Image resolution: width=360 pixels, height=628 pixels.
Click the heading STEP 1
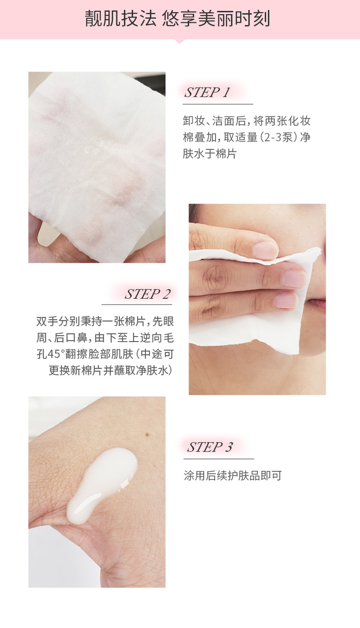point(207,92)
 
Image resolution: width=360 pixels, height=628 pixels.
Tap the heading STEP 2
point(147,294)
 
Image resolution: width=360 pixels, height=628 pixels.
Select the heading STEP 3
point(210,447)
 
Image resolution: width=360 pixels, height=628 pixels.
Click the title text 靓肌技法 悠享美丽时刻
point(178,19)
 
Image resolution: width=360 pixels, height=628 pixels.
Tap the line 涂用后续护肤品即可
point(233,476)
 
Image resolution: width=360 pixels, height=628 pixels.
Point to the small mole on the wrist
point(146,435)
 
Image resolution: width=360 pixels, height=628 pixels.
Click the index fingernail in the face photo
point(265,250)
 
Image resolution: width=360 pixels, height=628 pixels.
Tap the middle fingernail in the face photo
point(294,279)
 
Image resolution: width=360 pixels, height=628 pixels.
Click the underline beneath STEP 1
point(218,105)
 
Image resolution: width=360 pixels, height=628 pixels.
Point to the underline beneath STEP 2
point(137,305)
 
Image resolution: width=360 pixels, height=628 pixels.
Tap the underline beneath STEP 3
point(218,459)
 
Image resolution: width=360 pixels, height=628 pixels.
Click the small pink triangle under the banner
point(180,41)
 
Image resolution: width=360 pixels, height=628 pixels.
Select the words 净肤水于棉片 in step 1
point(210,154)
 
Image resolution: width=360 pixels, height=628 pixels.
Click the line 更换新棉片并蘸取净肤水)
point(110,370)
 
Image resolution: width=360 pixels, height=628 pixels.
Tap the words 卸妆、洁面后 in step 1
point(215,121)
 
